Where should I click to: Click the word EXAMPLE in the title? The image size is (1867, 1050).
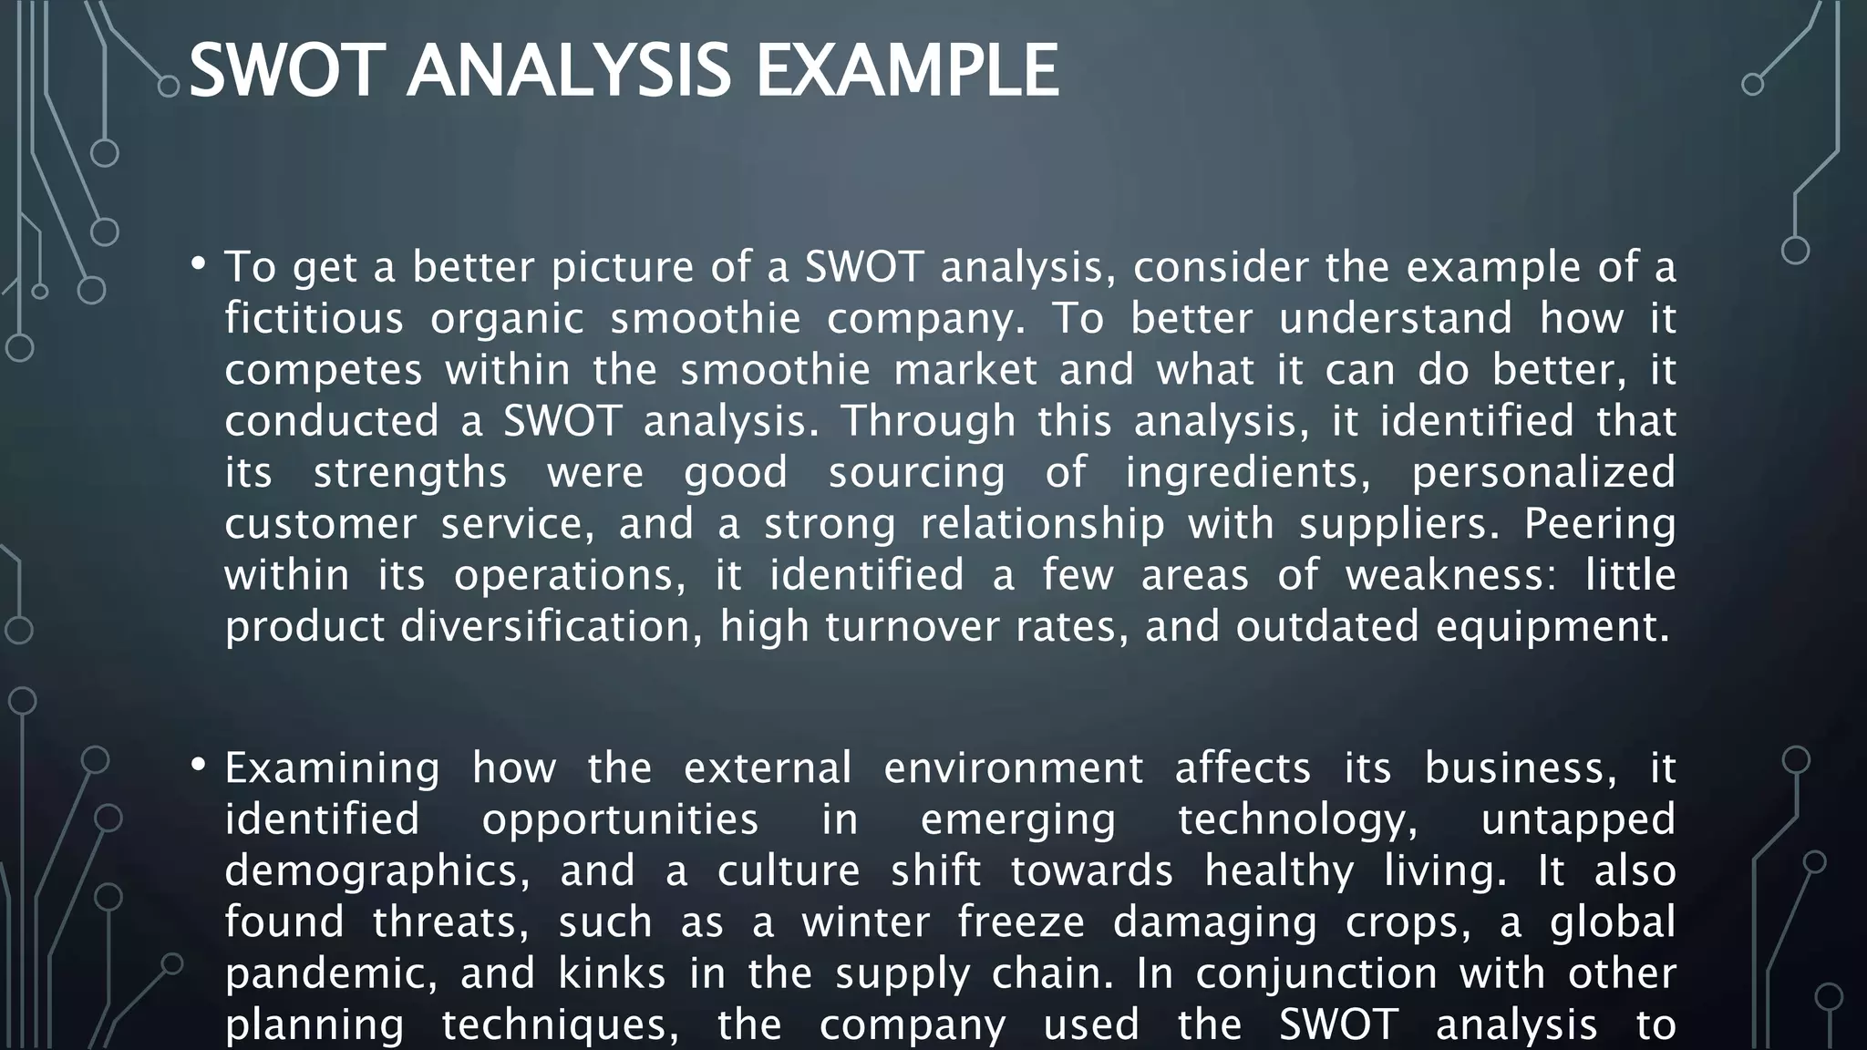point(908,71)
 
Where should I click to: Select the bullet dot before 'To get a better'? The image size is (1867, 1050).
point(199,265)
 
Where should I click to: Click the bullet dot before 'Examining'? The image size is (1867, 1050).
point(199,766)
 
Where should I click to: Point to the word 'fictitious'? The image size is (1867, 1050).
point(314,318)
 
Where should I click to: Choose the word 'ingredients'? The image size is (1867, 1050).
point(1248,473)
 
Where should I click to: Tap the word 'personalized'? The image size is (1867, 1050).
point(1543,473)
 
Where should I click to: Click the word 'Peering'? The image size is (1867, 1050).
point(1599,525)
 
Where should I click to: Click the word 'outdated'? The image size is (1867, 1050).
point(1327,626)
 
